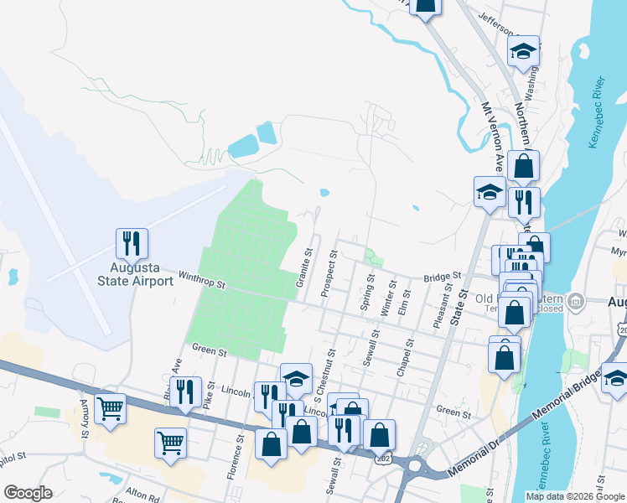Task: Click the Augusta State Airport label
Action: click(135, 275)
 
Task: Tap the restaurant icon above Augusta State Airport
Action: click(132, 243)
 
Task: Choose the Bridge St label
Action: click(443, 275)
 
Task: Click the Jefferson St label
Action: click(500, 23)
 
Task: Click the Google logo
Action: click(28, 493)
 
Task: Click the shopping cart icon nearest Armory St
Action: click(110, 409)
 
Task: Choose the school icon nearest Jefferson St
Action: click(523, 52)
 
